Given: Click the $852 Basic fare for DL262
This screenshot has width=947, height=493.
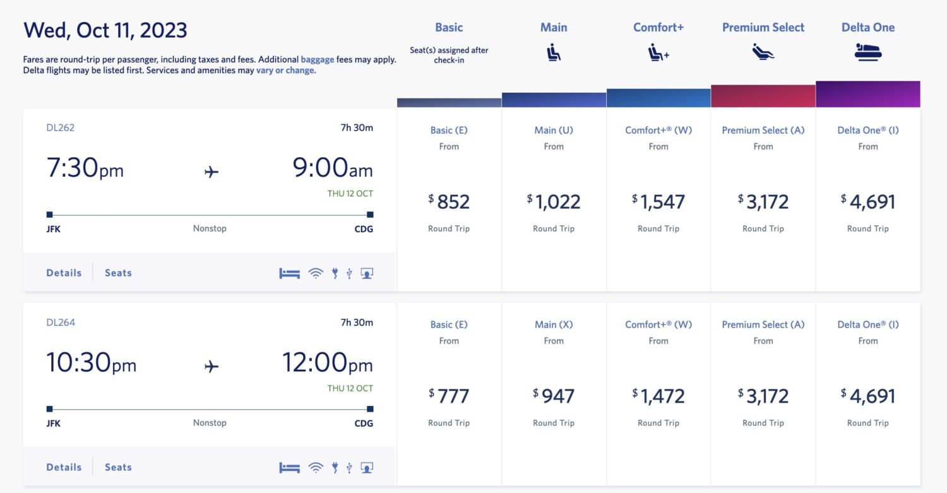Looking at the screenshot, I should [449, 202].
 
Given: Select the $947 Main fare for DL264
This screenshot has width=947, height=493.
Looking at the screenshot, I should [554, 396].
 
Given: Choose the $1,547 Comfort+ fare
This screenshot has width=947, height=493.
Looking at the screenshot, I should [658, 202].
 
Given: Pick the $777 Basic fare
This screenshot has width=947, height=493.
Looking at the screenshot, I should [449, 396].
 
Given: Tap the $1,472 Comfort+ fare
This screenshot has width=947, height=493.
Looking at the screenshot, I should [658, 396].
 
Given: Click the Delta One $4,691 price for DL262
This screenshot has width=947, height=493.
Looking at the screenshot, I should [868, 202].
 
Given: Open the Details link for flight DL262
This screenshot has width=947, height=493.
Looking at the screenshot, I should [64, 273].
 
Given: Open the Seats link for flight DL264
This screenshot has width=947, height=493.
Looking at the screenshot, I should [118, 468].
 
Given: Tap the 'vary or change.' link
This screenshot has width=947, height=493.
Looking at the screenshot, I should [285, 70].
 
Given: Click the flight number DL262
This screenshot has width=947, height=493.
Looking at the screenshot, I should [61, 128].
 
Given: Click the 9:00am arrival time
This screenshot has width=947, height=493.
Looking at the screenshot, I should [332, 169].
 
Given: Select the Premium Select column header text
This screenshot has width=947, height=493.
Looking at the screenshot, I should [763, 28].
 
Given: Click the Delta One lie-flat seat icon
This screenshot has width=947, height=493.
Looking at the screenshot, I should [867, 52].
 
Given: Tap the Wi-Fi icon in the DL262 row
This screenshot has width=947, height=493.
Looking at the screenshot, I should [316, 273].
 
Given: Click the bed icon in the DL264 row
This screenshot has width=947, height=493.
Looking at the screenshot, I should [290, 468].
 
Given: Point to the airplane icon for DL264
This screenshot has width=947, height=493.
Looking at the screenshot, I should [211, 366].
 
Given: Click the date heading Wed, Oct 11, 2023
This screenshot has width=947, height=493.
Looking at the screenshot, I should [105, 30].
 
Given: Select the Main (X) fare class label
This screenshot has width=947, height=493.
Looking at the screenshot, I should [554, 324].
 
